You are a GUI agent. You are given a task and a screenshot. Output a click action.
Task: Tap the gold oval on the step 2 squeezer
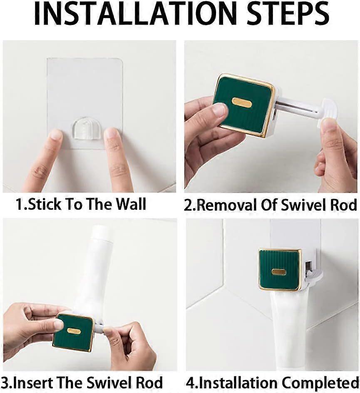241,102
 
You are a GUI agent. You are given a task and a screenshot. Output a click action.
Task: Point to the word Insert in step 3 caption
39,383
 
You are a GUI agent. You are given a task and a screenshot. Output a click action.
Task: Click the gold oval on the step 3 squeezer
73,331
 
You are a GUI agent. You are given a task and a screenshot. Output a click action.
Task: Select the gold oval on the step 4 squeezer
278,272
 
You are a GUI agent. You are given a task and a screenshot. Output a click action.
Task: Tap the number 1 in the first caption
19,204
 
